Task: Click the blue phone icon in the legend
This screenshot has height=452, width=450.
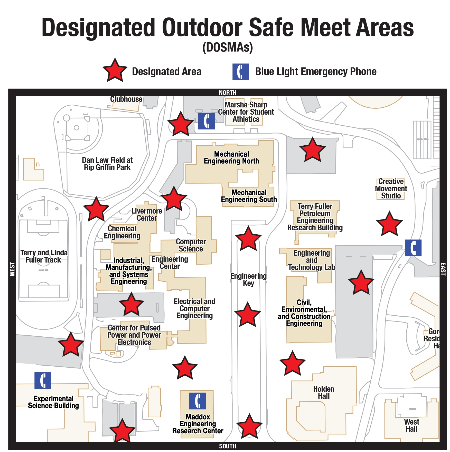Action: tap(240, 72)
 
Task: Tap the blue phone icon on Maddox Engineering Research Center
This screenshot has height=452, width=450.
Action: tap(198, 401)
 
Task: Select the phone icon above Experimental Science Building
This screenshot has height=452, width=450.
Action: tap(43, 380)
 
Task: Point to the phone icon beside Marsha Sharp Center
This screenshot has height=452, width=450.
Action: tap(206, 121)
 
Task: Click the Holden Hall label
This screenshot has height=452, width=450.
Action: tap(324, 393)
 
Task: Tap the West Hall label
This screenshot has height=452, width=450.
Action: tap(411, 425)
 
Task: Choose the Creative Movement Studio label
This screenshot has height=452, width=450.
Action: tap(391, 189)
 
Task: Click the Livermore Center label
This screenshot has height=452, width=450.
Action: tap(147, 214)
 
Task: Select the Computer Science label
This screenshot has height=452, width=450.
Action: tap(191, 245)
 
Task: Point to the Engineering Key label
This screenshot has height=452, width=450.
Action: tap(248, 279)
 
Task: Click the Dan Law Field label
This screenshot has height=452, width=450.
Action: tap(107, 164)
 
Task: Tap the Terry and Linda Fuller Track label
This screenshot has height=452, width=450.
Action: tap(44, 256)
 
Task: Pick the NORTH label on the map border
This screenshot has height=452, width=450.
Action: tap(228, 93)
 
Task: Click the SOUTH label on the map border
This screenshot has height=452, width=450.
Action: tap(228, 446)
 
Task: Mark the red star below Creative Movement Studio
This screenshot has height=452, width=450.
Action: tap(389, 224)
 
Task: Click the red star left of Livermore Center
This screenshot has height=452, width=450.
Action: tap(96, 209)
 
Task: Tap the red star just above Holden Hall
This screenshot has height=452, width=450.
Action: tap(292, 364)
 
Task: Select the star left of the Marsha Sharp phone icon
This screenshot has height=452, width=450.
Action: tap(181, 124)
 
